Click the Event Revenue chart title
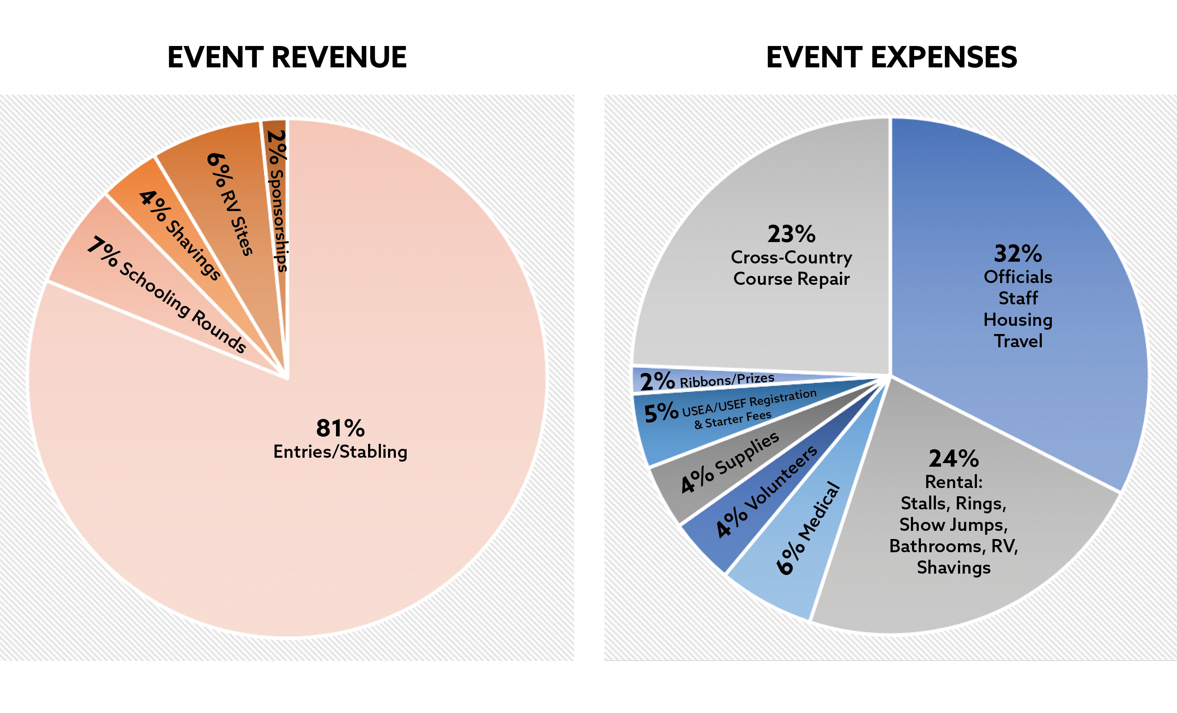[287, 57]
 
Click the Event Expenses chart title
[891, 57]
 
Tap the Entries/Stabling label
[340, 452]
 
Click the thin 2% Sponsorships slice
[277, 201]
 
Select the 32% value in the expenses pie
[1018, 253]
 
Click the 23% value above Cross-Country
[791, 234]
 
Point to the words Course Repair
[791, 279]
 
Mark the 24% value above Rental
[953, 458]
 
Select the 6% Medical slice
[807, 530]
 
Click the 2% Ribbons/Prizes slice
[707, 381]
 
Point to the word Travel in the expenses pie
[1018, 341]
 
